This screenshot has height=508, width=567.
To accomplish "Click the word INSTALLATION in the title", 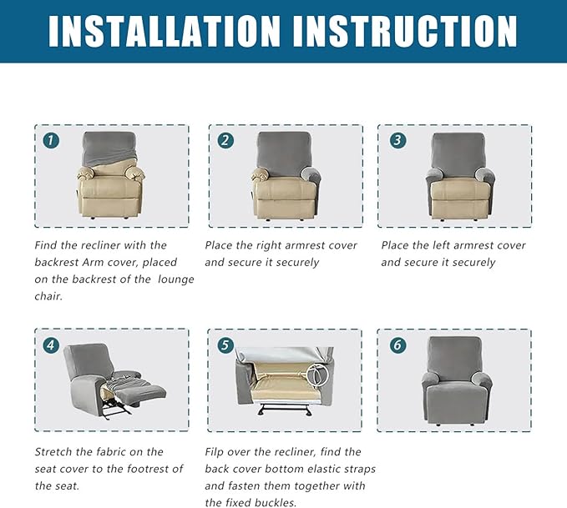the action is [x=165, y=31].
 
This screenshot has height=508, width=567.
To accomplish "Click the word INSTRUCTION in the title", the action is [x=405, y=31].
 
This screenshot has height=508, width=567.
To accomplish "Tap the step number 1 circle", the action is [x=51, y=140].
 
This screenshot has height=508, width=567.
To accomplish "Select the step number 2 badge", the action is [x=225, y=140].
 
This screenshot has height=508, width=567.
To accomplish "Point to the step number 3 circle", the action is [x=397, y=140].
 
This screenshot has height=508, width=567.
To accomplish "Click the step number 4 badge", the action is [x=51, y=345].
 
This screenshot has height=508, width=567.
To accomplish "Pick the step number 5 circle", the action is [x=225, y=345].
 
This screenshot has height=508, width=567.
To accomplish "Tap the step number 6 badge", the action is [x=397, y=345].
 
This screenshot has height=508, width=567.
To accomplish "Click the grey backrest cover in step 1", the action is [x=109, y=148].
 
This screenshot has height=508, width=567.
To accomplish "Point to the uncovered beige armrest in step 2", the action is [x=260, y=174].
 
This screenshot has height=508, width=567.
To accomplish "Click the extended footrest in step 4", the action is [x=142, y=392].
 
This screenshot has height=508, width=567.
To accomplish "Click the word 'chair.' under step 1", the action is [x=48, y=296].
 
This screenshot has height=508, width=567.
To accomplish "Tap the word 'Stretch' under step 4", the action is [x=53, y=452].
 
